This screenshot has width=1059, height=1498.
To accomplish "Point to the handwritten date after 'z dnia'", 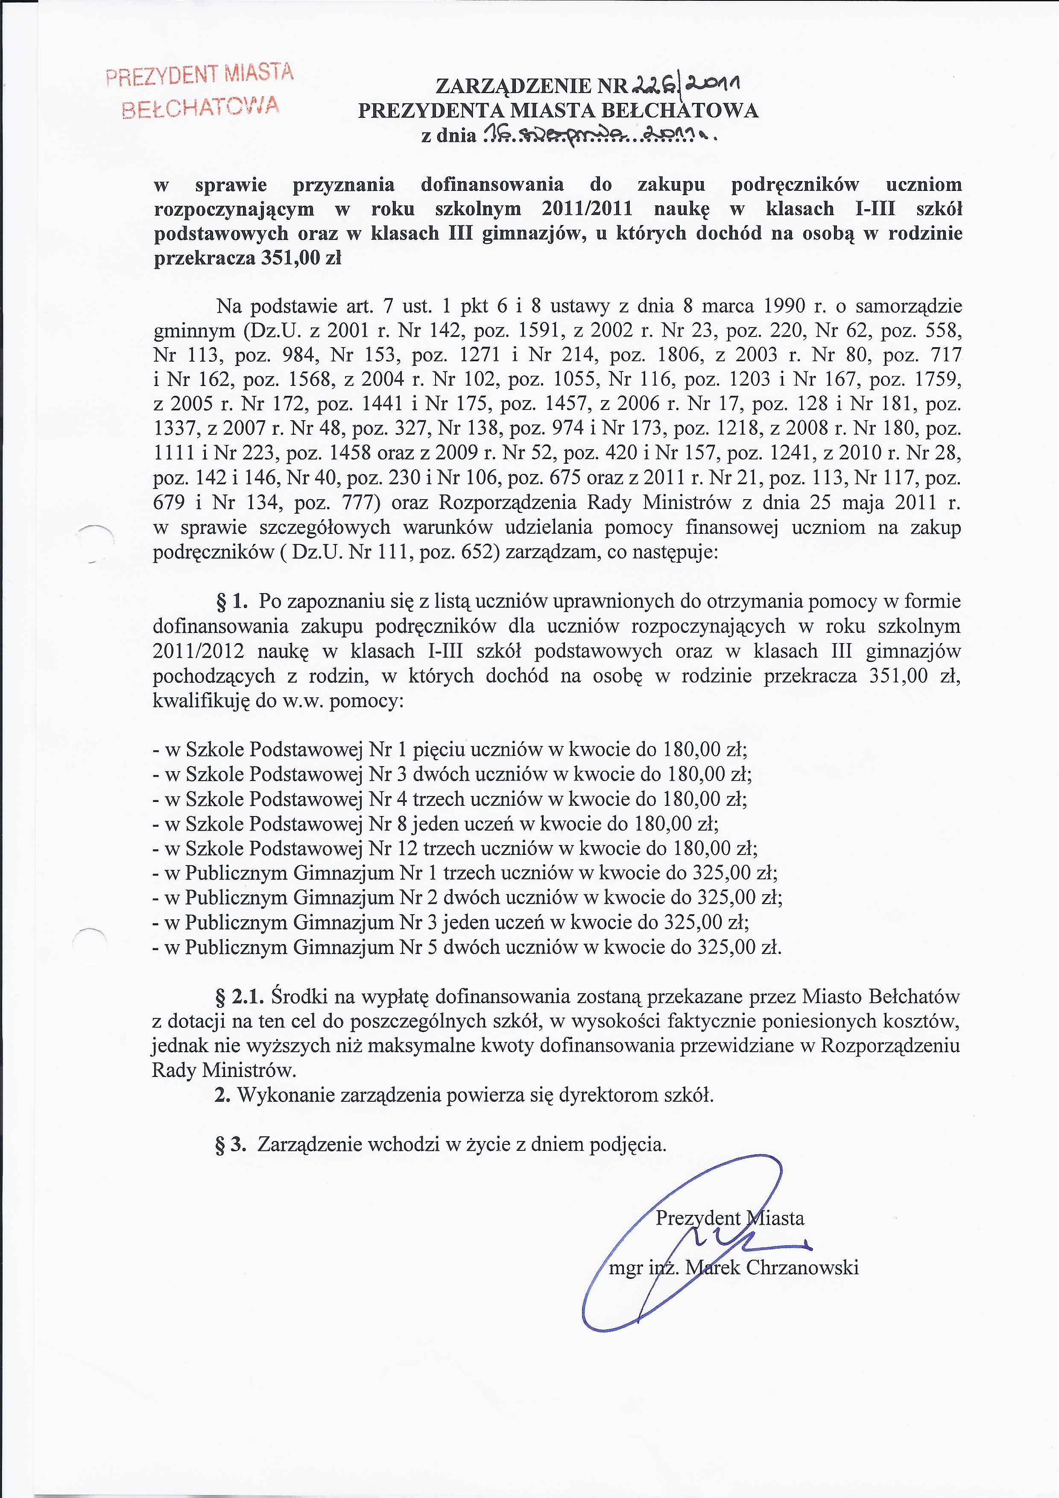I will point(597,135).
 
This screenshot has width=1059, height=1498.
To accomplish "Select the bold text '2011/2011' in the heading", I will point(587,209).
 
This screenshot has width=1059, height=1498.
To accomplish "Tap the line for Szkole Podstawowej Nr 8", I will point(435,824).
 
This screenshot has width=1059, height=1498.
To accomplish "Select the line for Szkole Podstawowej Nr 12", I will point(455,849).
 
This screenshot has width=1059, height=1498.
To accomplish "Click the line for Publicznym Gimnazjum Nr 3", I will point(450,922).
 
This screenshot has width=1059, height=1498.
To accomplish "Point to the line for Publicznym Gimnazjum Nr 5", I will point(467,947).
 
